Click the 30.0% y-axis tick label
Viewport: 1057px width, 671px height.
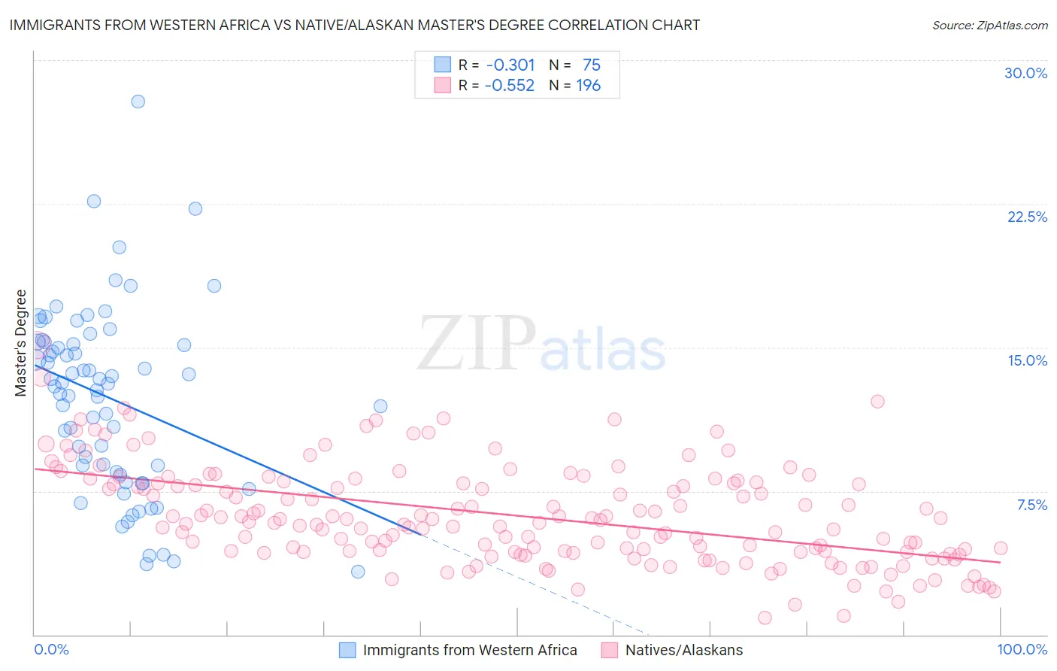click(1025, 73)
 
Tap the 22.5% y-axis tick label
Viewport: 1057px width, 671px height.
click(1027, 217)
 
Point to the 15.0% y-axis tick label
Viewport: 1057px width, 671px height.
click(1027, 360)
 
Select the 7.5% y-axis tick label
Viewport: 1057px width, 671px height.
click(1031, 505)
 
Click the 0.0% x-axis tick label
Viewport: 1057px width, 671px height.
click(51, 649)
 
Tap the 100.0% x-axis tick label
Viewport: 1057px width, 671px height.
click(1022, 649)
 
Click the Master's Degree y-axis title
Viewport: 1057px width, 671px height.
click(20, 342)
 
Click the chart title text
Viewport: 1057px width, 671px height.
click(355, 25)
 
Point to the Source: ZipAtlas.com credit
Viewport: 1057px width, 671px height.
click(989, 25)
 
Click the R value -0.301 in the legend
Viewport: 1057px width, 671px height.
click(510, 65)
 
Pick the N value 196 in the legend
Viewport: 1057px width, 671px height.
click(588, 86)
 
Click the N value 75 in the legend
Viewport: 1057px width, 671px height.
click(591, 65)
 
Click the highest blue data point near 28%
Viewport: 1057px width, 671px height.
click(138, 102)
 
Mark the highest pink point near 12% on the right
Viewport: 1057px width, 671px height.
click(877, 401)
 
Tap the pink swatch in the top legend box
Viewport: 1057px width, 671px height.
click(442, 85)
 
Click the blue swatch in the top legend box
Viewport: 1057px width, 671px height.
click(442, 65)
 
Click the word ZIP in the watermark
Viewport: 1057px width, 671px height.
click(476, 344)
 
